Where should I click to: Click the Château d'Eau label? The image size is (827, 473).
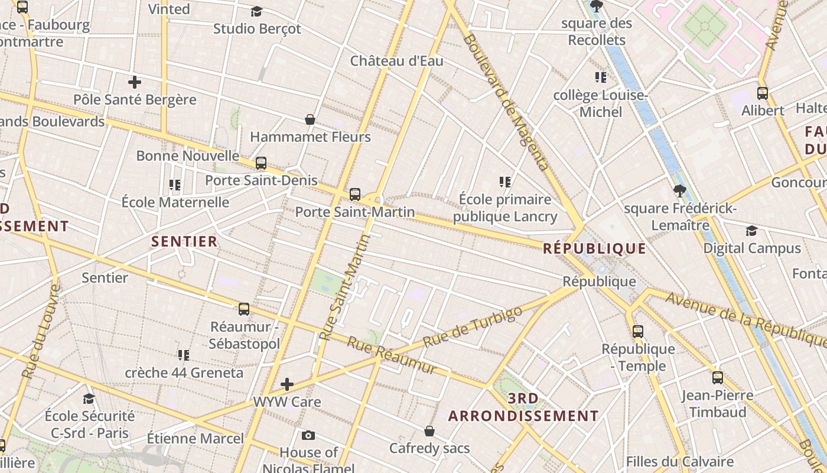[396, 61]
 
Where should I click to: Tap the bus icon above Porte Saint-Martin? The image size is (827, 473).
[355, 194]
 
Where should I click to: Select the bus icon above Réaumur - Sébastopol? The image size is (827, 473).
[244, 309]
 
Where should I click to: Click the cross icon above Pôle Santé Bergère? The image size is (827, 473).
[135, 82]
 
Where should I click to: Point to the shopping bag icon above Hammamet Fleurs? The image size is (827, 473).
[310, 120]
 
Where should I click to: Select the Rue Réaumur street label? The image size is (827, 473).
[391, 355]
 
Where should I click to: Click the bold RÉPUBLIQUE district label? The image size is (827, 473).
[594, 248]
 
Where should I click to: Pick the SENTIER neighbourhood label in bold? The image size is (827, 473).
[185, 241]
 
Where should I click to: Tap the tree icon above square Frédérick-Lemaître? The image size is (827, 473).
[680, 190]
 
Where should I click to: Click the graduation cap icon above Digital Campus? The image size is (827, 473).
[751, 231]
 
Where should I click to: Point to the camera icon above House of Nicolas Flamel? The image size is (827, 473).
[308, 436]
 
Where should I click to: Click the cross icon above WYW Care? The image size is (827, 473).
[287, 384]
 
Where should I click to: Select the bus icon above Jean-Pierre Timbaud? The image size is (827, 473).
[718, 377]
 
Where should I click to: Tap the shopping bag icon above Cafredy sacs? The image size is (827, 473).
[429, 431]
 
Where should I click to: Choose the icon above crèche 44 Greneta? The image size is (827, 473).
[184, 355]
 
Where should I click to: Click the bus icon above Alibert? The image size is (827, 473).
[763, 93]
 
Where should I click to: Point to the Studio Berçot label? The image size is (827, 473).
[257, 28]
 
